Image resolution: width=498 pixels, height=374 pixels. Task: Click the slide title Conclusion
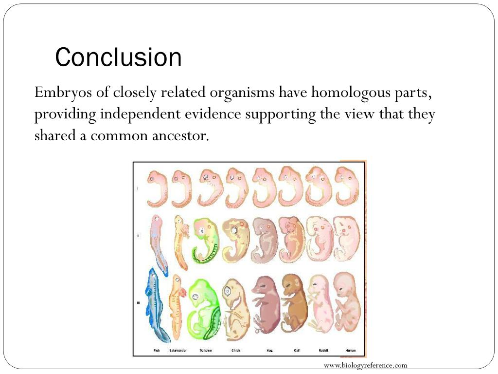(118, 57)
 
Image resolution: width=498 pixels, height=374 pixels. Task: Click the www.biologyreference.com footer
(365, 365)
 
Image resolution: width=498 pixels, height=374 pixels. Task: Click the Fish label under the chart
(157, 351)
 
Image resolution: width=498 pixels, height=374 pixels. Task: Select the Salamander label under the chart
(178, 351)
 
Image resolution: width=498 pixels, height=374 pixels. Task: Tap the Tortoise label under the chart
(206, 351)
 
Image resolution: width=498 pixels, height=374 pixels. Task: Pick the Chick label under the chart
(236, 351)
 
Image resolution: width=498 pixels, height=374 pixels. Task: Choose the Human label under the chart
(350, 351)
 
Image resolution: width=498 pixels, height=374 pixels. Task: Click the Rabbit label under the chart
(323, 351)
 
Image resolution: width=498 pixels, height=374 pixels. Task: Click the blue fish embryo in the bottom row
(157, 304)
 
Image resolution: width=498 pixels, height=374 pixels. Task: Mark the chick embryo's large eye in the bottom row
(228, 292)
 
